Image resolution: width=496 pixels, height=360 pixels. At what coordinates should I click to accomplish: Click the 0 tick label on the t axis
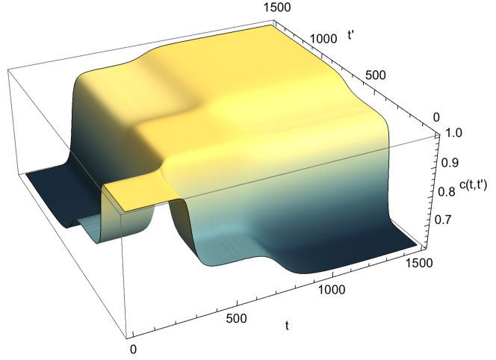133,350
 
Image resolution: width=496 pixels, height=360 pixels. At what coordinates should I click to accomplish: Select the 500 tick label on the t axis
236,318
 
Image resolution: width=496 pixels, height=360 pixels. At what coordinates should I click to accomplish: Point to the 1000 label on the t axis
331,290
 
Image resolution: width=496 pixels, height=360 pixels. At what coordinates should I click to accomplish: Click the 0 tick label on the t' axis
436,117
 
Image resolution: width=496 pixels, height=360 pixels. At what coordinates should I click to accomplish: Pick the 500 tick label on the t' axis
376,75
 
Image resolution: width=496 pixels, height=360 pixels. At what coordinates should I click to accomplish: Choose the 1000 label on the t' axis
323,39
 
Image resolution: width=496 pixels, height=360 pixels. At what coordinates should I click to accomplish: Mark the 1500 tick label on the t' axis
277,7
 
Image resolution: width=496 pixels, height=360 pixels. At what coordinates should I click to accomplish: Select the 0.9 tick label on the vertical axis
450,162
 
